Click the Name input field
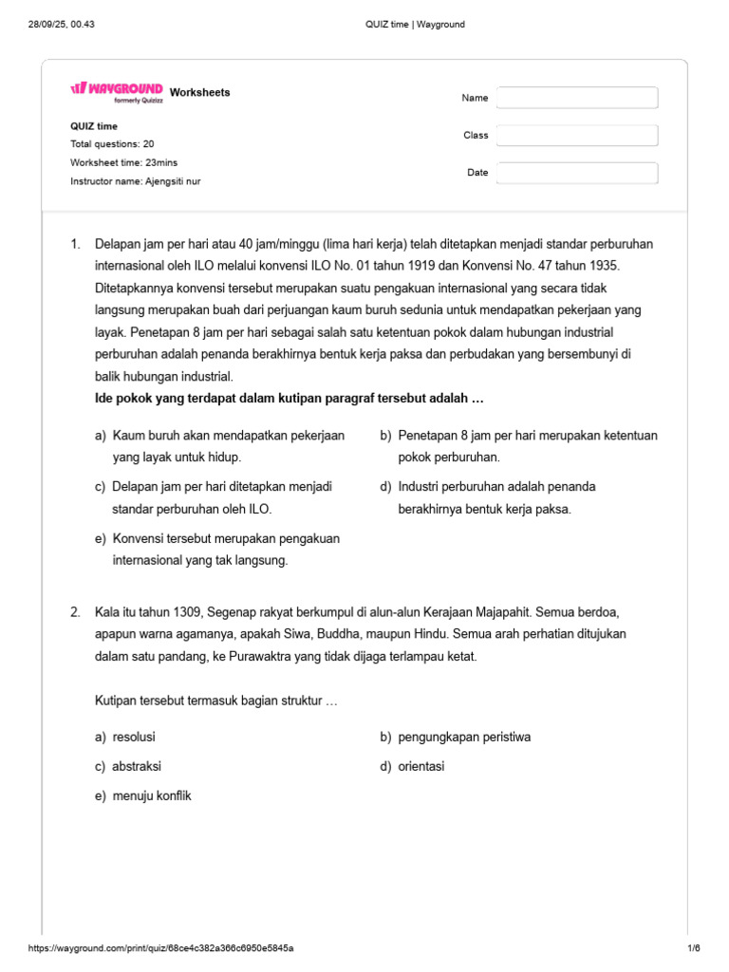pos(577,98)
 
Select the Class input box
pos(577,136)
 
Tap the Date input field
pos(577,173)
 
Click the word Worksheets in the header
pos(199,92)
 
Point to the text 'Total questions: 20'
pos(112,144)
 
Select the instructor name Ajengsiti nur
pos(172,180)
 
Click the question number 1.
pos(76,245)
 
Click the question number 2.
pos(76,612)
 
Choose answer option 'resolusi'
pos(134,737)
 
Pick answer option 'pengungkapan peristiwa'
pos(464,737)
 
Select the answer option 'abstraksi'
pos(137,766)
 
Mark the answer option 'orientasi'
pos(421,766)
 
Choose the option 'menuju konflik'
pos(152,795)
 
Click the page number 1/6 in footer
pos(692,948)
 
